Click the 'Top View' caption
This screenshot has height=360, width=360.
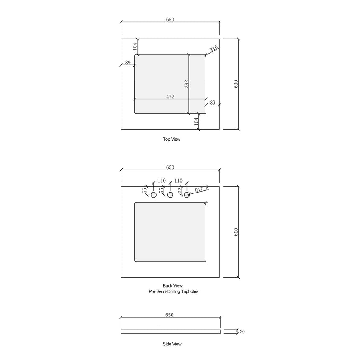pos(172,139)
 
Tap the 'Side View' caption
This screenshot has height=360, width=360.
pos(172,344)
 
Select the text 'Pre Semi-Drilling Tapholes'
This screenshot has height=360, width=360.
pos(173,291)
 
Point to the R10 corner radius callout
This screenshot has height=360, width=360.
pos(214,49)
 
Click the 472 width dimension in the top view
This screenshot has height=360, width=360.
pos(170,97)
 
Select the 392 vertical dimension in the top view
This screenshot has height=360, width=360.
pos(187,84)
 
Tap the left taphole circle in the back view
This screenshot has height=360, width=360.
pos(154,195)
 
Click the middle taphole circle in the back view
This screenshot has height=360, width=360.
pos(170,195)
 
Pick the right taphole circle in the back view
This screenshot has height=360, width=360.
pos(187,195)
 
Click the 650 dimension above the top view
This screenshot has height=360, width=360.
pos(170,20)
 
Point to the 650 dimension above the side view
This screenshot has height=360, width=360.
pos(170,315)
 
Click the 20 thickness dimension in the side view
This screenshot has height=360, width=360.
pos(243,332)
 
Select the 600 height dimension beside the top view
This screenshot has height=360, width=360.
pos(236,84)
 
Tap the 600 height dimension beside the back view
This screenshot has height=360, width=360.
pos(236,232)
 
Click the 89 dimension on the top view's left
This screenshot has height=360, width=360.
pos(128,63)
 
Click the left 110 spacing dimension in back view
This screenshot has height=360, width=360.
pos(162,181)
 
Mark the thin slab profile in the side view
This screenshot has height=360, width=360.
pos(170,332)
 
